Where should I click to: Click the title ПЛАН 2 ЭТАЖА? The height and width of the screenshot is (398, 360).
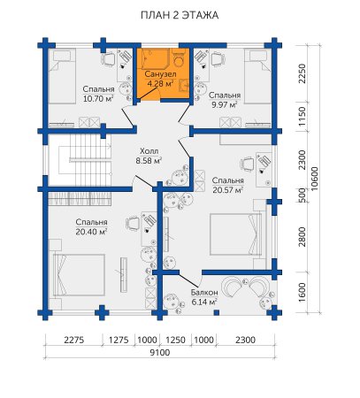pos(180,15)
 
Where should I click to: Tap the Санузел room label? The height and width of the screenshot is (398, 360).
pos(160,74)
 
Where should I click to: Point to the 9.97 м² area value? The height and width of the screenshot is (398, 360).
pos(225,104)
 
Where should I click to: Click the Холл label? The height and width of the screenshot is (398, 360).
pos(149,151)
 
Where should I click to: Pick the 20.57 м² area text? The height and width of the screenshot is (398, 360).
pos(228,190)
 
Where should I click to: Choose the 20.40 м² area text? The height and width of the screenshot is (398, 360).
pos(91,232)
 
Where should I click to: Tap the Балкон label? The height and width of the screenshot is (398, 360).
pos(204,293)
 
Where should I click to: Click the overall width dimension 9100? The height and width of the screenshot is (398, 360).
pos(160,352)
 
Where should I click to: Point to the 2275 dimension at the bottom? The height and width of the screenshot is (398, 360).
pos(74,340)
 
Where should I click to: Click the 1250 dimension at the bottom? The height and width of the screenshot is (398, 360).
pos(175,340)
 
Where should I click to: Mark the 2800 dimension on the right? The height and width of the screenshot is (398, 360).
pos(302,237)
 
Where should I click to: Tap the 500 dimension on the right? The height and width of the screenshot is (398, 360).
pos(302,195)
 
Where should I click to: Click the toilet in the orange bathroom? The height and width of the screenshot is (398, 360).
pos(179,57)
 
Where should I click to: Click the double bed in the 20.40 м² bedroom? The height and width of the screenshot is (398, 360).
pos(79,275)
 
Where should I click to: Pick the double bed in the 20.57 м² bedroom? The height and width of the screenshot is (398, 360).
pos(236,234)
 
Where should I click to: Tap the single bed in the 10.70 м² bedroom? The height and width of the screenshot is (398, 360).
pos(62,76)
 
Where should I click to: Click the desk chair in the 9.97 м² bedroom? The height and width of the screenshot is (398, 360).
pos(218,60)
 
